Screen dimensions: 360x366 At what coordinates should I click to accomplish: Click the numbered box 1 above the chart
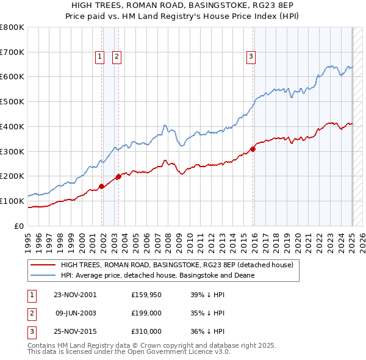point(99,57)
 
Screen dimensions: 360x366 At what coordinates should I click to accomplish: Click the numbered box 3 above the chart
point(251,57)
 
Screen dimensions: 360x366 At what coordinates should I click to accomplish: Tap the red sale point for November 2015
point(253,149)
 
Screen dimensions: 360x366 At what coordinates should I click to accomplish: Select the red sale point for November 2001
point(101,186)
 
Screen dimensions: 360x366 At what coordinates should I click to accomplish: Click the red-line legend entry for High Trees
point(177,265)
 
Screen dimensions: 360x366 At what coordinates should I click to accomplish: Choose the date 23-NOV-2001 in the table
point(75,295)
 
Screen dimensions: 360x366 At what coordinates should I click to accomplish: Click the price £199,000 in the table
point(146,314)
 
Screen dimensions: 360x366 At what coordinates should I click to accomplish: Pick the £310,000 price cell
point(146,333)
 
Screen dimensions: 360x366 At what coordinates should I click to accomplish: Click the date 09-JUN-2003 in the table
point(75,314)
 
